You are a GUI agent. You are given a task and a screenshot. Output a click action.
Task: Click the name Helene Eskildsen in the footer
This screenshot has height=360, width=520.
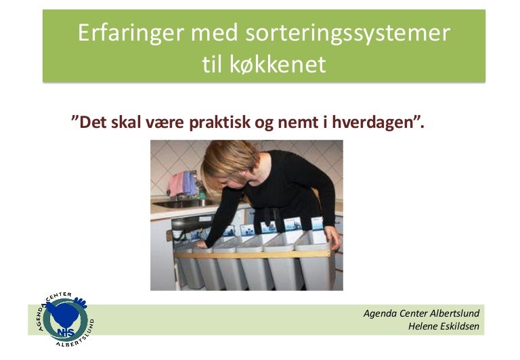coord(443,326)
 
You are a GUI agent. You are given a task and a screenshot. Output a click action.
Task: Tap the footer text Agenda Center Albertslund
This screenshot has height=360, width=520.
coord(421,313)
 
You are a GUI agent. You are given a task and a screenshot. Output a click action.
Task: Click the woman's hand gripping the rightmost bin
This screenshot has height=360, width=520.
coord(332,237)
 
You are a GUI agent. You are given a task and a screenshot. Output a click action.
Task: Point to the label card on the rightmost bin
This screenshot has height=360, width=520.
coord(316,223)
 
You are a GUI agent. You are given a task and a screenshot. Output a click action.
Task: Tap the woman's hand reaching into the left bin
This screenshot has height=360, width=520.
coord(201,236)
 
